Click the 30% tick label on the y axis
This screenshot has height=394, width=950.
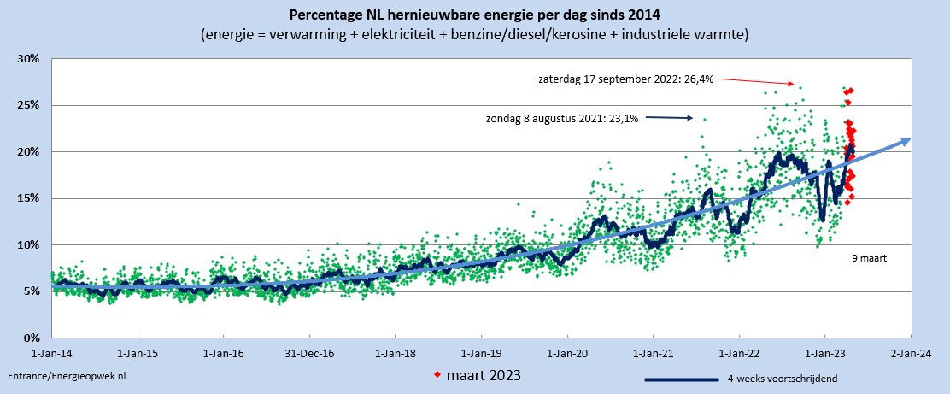pos(30,58)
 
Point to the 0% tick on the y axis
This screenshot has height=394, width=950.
pos(32,338)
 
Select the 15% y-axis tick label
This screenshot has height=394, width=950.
pos(30,198)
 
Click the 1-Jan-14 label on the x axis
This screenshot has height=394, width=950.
pos(51,352)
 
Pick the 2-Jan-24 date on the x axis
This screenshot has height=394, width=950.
pos(911,352)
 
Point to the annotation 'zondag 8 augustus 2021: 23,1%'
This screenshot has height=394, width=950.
pos(560,118)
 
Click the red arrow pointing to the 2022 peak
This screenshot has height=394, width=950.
pos(759,82)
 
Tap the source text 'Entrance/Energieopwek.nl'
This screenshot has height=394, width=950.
pos(67,376)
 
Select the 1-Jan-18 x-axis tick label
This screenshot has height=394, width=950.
pos(396,352)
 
